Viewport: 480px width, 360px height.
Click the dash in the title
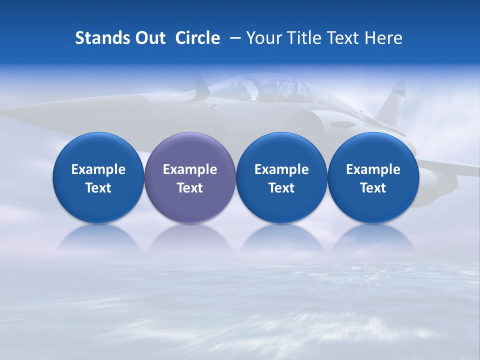233,38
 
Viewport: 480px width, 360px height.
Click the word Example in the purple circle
190,169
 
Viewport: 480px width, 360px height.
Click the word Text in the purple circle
190,188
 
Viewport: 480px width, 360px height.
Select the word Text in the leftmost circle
98,188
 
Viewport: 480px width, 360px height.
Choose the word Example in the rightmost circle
373,169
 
